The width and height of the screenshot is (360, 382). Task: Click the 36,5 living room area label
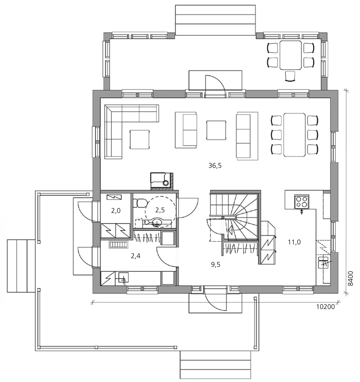pyautogui.click(x=215, y=166)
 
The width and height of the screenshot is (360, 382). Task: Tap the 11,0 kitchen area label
pyautogui.click(x=294, y=242)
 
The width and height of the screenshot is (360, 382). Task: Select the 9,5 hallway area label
pyautogui.click(x=216, y=265)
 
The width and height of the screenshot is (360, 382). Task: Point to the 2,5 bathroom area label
pyautogui.click(x=160, y=210)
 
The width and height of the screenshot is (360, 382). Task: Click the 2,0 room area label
pyautogui.click(x=116, y=211)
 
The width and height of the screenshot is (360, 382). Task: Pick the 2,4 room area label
pyautogui.click(x=136, y=256)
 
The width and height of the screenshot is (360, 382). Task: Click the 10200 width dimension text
pyautogui.click(x=325, y=307)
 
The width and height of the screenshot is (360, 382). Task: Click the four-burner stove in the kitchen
pyautogui.click(x=302, y=202)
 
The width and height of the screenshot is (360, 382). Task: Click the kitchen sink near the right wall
pyautogui.click(x=323, y=262)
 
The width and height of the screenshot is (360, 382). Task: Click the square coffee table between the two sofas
pyautogui.click(x=216, y=130)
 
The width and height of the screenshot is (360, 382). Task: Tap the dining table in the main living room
pyautogui.click(x=294, y=135)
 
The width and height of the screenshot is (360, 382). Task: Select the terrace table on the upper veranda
pyautogui.click(x=291, y=55)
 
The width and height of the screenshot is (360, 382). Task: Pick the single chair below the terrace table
pyautogui.click(x=290, y=76)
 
